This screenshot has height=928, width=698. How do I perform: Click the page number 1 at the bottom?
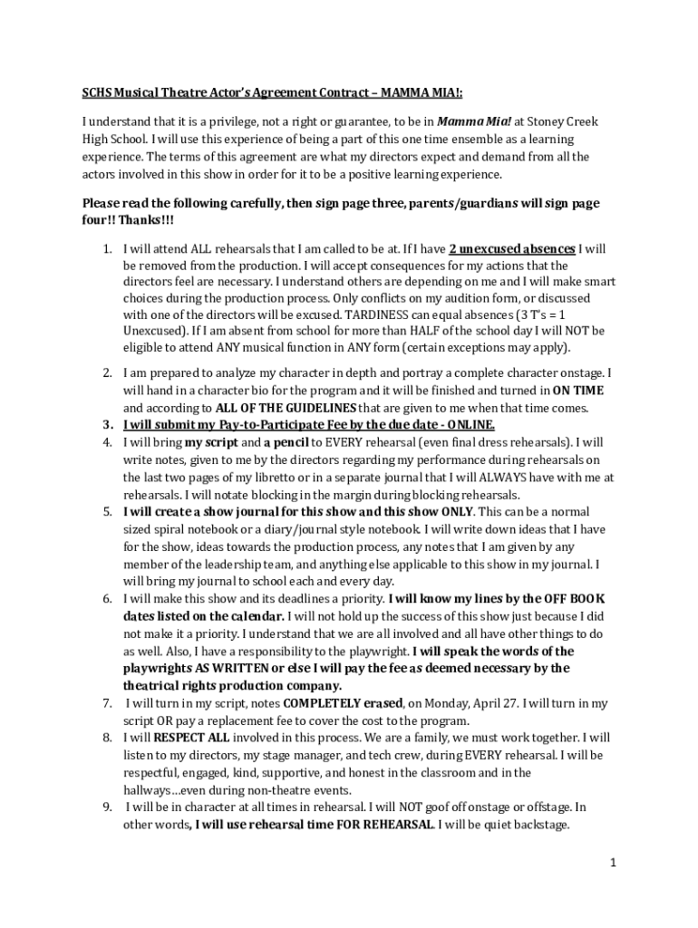pyautogui.click(x=613, y=863)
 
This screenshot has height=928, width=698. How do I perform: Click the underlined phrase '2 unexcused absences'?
pyautogui.click(x=512, y=248)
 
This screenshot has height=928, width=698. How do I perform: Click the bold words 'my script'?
pyautogui.click(x=211, y=442)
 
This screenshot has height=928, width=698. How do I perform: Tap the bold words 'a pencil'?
pyautogui.click(x=287, y=442)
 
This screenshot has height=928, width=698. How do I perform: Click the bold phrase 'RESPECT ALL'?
pyautogui.click(x=179, y=738)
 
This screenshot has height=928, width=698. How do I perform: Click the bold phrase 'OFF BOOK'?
pyautogui.click(x=575, y=599)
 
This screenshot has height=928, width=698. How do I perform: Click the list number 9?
pyautogui.click(x=106, y=807)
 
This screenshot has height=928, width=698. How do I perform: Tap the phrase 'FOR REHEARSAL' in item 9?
pyautogui.click(x=393, y=824)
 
